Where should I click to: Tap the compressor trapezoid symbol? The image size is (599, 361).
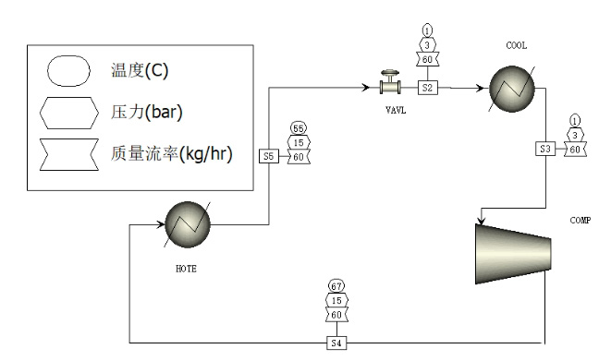pos(513,251)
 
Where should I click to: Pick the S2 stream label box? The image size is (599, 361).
pos(427,88)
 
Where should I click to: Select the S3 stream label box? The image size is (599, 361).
pos(545,149)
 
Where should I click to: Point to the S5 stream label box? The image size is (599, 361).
pos(268,157)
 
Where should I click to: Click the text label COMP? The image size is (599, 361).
pos(581,221)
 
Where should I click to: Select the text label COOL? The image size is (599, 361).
pos(516,45)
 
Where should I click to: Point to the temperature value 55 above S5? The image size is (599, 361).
pos(298,127)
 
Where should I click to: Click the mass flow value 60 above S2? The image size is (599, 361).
pos(428,60)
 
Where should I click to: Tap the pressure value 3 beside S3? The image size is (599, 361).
pos(575,134)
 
